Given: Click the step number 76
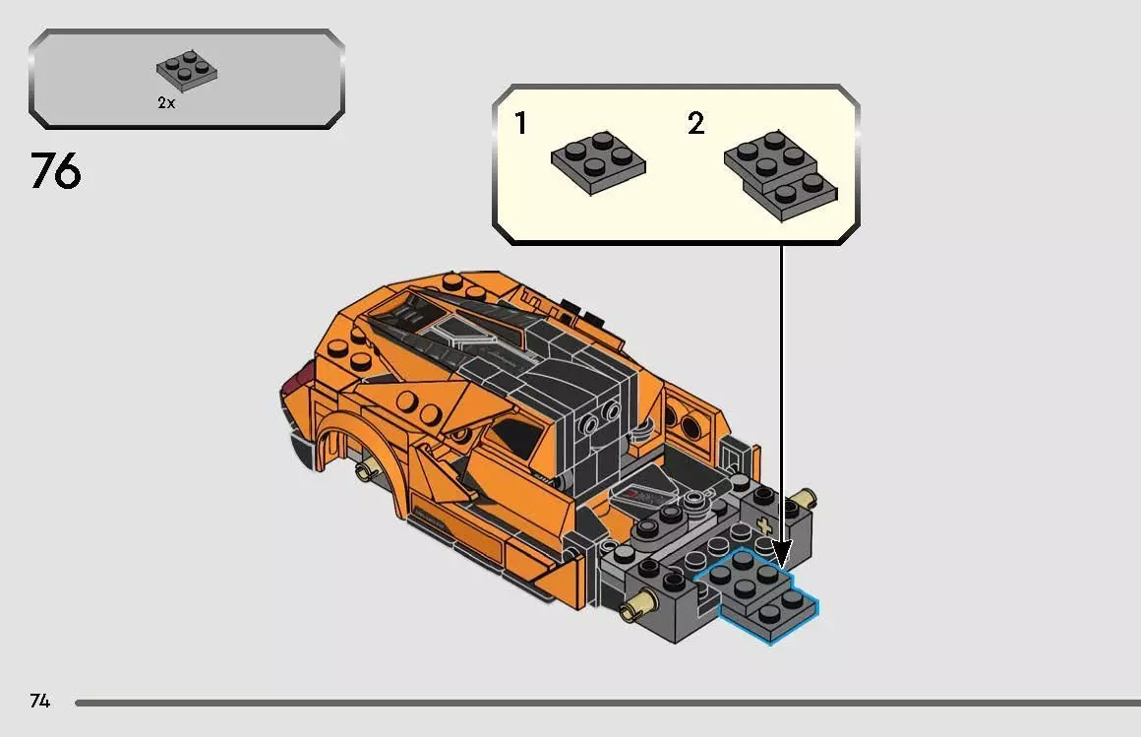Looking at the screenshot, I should coord(56,171).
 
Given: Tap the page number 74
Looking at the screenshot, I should coord(39,702).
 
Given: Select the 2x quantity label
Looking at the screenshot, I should coord(166,103).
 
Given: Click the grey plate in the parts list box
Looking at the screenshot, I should coord(187,70).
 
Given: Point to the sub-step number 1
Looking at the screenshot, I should coord(520,124).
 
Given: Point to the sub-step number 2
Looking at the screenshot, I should coord(696,124).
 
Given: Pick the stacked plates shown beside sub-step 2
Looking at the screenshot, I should coord(781,170).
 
